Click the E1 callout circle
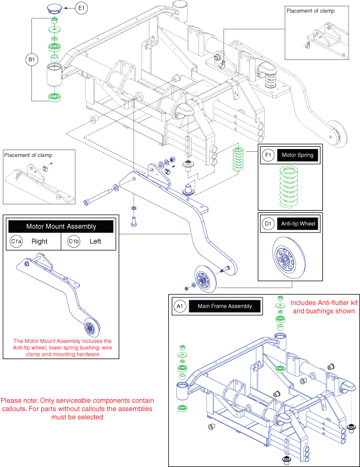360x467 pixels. (81, 8)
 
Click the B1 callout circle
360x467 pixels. (31, 59)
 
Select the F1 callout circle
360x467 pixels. (268, 155)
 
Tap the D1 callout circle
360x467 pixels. (268, 223)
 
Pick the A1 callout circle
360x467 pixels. (180, 306)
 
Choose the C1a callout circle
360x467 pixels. (16, 241)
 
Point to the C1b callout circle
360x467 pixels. (74, 241)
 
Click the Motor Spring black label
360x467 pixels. (297, 155)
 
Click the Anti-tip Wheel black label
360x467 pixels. (298, 224)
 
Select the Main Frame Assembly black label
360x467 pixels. (225, 306)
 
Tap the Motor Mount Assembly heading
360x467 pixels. (61, 226)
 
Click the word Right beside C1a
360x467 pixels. (39, 241)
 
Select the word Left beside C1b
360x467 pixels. (95, 241)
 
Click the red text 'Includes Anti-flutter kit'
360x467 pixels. (324, 303)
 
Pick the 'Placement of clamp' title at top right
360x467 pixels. (310, 11)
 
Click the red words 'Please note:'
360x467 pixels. (19, 401)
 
